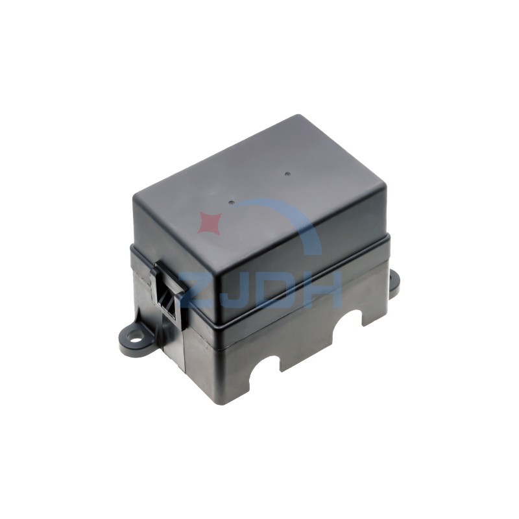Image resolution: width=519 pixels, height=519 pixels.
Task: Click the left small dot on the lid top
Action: [x=231, y=202]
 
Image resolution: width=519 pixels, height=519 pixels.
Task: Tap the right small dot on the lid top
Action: [x=287, y=173]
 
